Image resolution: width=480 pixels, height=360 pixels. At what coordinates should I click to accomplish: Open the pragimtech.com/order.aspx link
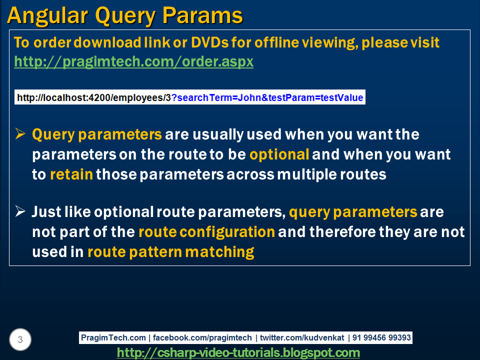133,62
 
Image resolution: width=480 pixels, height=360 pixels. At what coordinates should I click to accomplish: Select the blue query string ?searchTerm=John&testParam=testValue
267,97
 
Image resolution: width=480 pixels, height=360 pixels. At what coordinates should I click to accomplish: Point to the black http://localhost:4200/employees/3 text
94,97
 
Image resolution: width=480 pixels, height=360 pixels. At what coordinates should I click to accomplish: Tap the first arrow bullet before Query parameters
20,134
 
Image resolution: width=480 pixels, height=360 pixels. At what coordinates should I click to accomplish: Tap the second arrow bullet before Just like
20,211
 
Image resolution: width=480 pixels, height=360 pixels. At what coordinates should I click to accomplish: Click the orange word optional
279,154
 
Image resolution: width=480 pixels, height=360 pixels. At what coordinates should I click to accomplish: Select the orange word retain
71,174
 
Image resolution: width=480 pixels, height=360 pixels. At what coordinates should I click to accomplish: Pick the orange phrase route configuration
206,232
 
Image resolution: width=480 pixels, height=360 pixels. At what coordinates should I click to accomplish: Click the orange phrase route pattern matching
170,252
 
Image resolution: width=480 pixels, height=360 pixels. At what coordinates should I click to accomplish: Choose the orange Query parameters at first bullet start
97,134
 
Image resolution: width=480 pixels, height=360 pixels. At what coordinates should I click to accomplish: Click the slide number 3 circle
20,340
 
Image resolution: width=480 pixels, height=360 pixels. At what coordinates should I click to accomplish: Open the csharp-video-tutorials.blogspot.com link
238,353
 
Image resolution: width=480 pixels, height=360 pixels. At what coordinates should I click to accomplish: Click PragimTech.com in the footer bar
113,338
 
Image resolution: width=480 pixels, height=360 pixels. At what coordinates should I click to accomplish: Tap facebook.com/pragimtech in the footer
202,338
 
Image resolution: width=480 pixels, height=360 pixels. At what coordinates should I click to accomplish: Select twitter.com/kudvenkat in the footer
302,338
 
